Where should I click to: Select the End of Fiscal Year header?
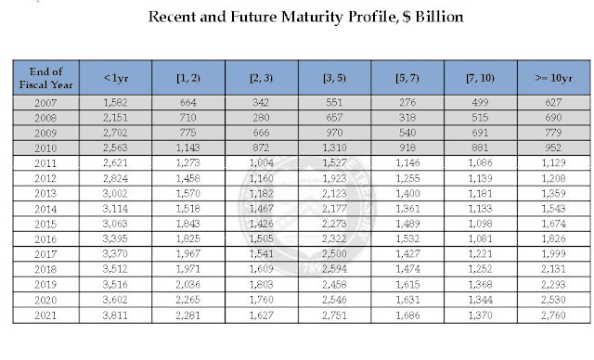(45, 78)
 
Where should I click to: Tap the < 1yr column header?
(115, 78)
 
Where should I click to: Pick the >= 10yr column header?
(553, 78)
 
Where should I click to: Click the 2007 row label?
(45, 103)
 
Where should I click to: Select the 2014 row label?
(45, 209)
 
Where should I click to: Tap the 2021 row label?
(45, 315)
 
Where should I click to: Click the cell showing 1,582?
(115, 103)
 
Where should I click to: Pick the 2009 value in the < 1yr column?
(115, 133)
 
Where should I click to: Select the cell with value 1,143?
(187, 148)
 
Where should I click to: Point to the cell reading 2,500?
(334, 253)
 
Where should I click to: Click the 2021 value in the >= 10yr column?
(553, 315)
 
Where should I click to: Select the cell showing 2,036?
(187, 284)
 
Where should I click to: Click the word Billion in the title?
(439, 17)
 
